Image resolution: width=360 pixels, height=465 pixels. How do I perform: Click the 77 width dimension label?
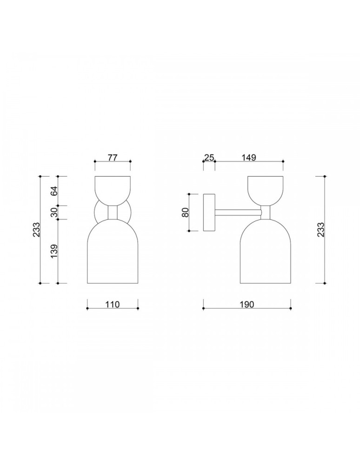coord(112,157)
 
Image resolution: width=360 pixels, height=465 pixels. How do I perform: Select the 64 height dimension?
coord(54,191)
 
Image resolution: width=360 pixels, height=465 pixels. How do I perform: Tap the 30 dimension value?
coord(54,213)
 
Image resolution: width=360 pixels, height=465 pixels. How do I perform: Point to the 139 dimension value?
coord(54,251)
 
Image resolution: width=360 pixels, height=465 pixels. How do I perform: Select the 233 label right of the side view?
coord(320,230)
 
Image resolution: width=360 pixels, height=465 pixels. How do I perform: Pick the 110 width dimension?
coord(113,305)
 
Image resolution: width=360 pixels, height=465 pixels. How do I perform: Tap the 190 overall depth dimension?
coord(247,305)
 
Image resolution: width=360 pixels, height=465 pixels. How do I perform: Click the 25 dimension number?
coord(209,157)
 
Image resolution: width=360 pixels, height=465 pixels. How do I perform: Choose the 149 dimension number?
coord(249,157)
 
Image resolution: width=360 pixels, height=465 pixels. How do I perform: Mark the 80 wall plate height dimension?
coord(185,212)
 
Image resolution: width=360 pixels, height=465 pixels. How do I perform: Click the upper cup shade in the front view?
coord(113,189)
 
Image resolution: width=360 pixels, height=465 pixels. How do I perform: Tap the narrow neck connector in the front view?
coord(113,213)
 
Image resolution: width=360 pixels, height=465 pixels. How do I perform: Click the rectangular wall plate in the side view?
coord(209,213)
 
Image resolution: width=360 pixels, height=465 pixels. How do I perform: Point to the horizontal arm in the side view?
coord(237,213)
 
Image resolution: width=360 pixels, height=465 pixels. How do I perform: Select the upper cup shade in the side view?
coord(265,189)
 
